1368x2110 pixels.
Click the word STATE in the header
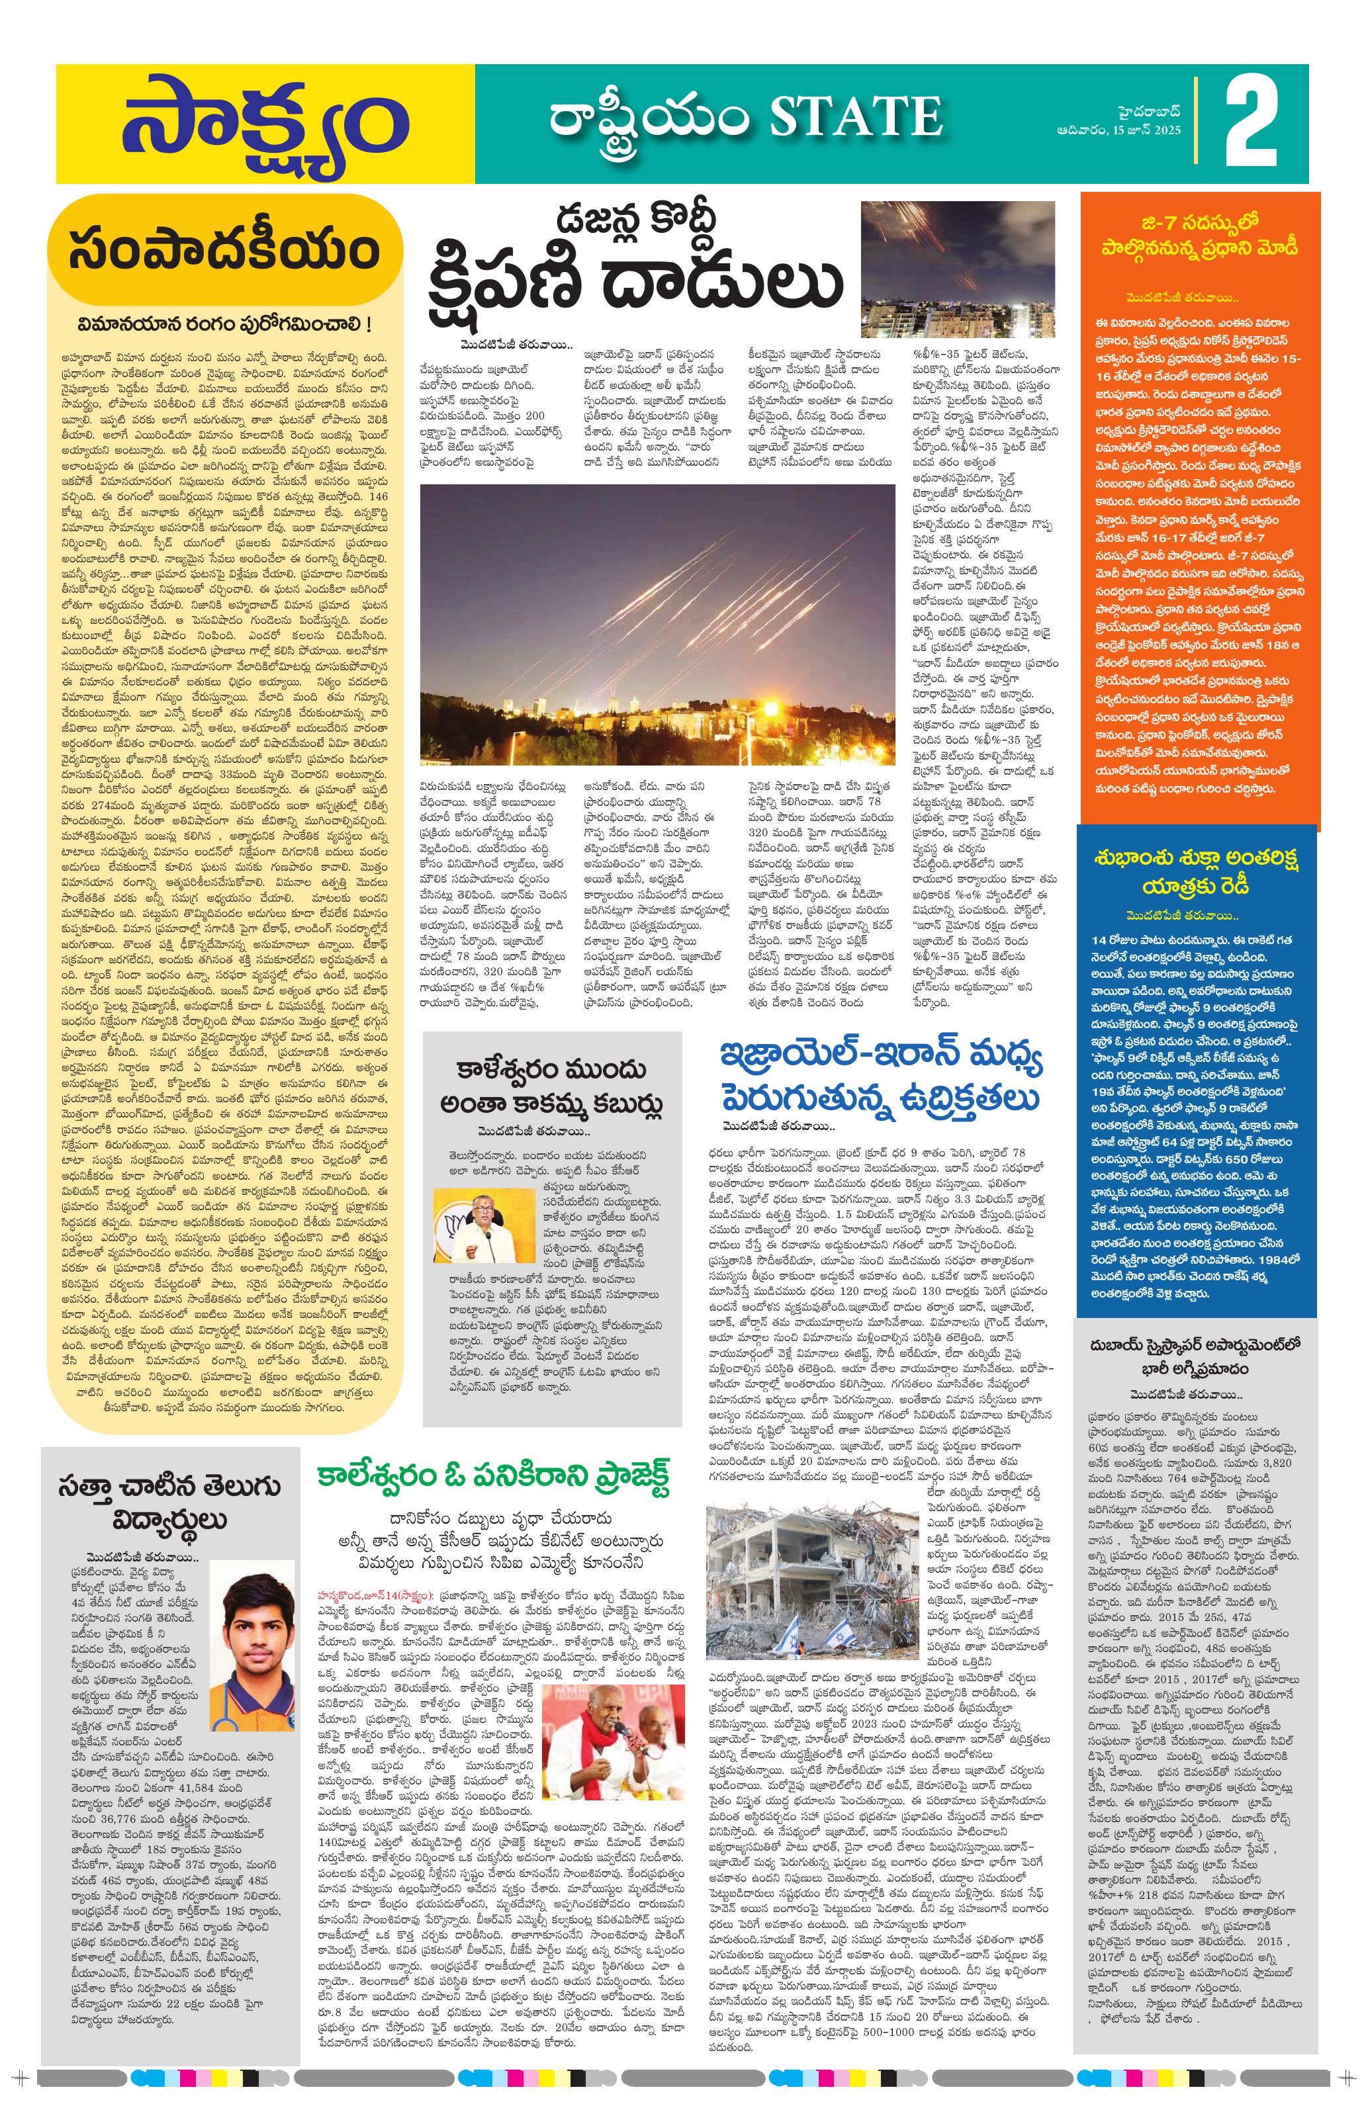point(856,117)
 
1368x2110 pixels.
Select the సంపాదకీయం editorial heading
point(224,251)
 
